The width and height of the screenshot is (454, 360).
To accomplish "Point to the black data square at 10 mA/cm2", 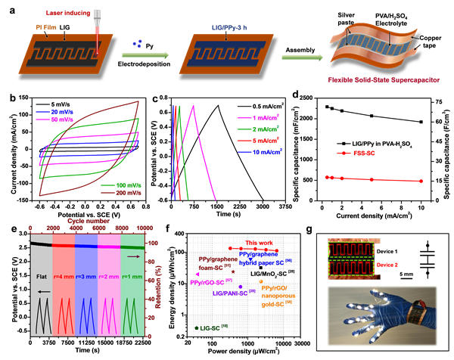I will click(x=421, y=122).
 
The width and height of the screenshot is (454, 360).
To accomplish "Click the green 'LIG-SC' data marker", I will click(x=197, y=327).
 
